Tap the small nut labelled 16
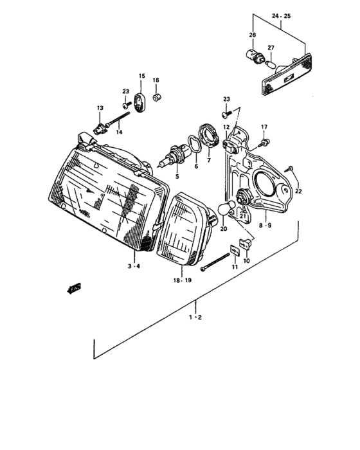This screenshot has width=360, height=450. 156,98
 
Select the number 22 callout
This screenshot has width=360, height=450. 298,192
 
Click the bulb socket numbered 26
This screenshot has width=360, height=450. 254,55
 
